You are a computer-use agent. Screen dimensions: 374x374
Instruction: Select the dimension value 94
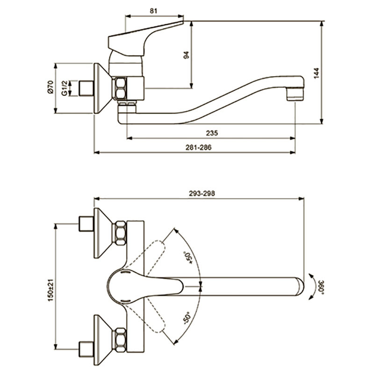tap(187, 54)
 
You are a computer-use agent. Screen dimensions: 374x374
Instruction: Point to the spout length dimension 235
tap(212, 133)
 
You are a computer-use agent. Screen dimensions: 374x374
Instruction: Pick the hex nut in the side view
tap(120, 88)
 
